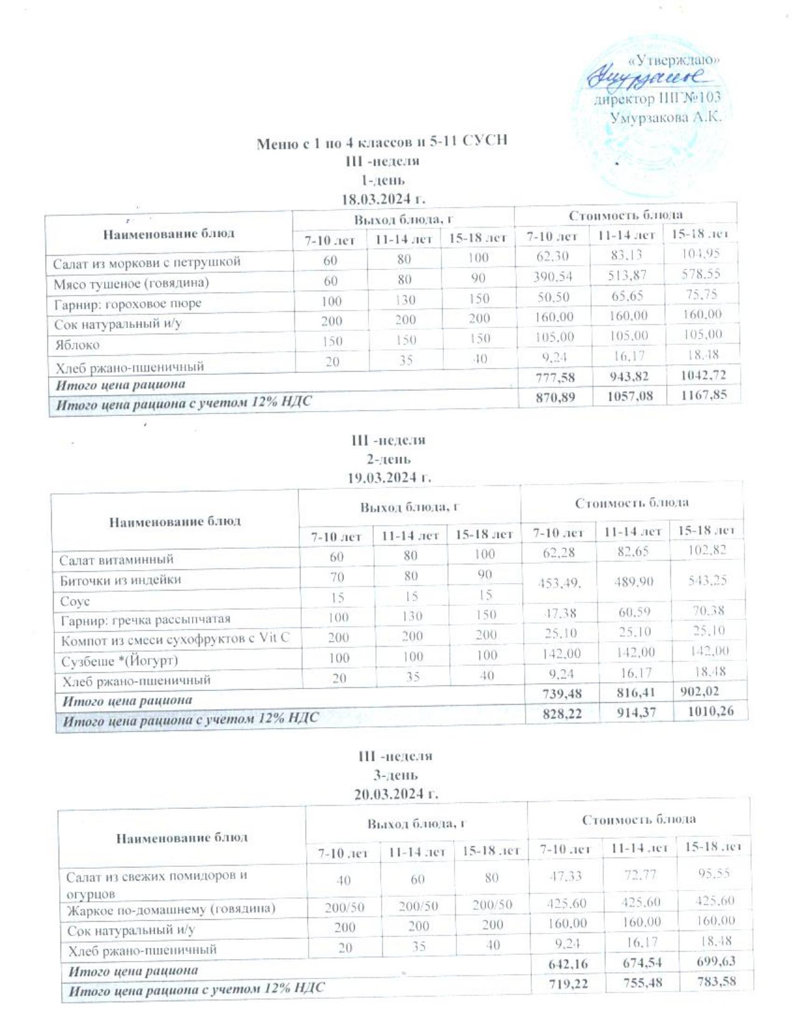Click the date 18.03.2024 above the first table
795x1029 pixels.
click(382, 200)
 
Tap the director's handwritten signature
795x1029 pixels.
click(645, 77)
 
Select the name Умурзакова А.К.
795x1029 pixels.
click(665, 117)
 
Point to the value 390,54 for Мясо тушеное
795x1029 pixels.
click(553, 276)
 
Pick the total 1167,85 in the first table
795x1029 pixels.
click(703, 395)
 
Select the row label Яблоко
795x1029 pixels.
click(77, 345)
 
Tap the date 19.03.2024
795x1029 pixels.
click(389, 478)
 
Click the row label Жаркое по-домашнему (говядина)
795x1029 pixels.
click(171, 909)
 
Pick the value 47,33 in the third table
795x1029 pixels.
click(565, 876)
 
